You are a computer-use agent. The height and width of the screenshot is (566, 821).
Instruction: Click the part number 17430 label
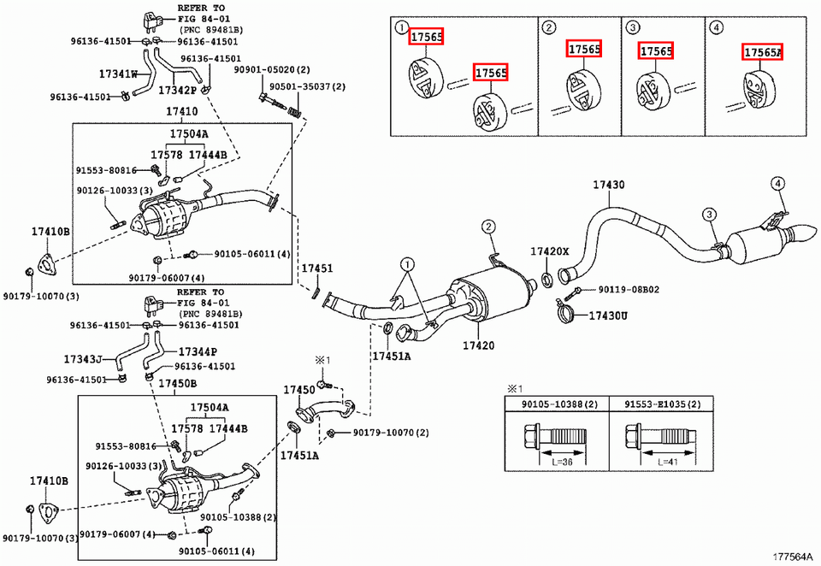(609, 186)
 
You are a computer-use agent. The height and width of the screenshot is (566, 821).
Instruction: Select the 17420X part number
(549, 251)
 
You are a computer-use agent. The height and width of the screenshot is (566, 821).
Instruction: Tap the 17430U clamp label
(607, 316)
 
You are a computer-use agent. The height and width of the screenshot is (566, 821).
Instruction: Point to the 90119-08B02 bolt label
(629, 290)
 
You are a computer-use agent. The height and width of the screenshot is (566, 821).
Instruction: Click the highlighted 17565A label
(763, 52)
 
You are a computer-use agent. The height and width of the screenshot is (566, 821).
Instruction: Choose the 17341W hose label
(119, 74)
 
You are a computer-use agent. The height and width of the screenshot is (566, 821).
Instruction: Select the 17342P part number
(178, 89)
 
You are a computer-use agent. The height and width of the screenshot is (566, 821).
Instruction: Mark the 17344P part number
(198, 351)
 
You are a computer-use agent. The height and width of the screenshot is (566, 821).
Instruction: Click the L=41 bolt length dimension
(670, 461)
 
